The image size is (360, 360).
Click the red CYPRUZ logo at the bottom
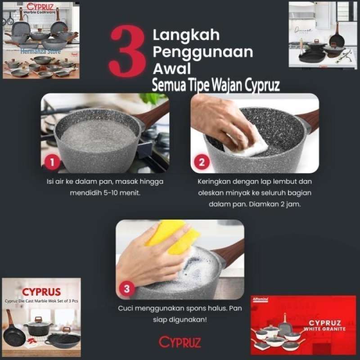coord(180,342)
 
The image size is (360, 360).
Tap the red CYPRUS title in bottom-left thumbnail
coord(41,292)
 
